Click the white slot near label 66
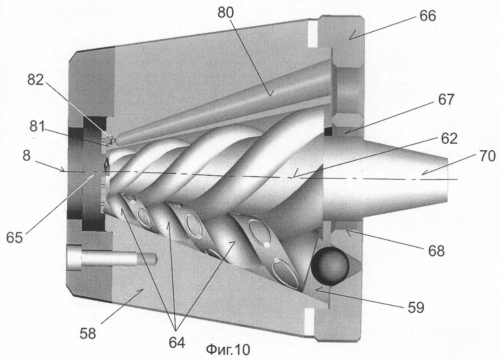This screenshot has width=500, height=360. (313, 34)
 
